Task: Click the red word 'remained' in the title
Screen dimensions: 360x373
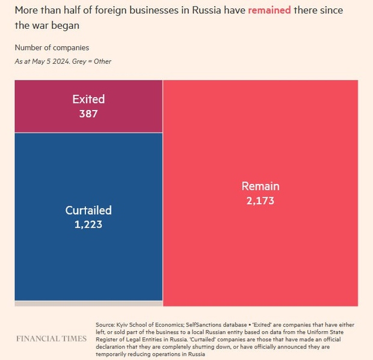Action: (268, 11)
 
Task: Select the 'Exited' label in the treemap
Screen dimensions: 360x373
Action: (88, 99)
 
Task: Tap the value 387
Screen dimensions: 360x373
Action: (88, 113)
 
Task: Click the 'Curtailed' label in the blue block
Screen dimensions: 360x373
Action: (88, 210)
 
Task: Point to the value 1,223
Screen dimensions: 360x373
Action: (88, 224)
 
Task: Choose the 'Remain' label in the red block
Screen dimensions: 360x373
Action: (260, 186)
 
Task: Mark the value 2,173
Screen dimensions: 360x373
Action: (260, 200)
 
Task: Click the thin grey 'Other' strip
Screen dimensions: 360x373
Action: (88, 304)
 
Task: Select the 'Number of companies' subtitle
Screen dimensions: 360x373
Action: (52, 47)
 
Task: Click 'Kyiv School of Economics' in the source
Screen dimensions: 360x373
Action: (144, 325)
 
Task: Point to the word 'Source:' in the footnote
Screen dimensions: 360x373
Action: (106, 325)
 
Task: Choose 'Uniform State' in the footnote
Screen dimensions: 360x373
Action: (334, 332)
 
